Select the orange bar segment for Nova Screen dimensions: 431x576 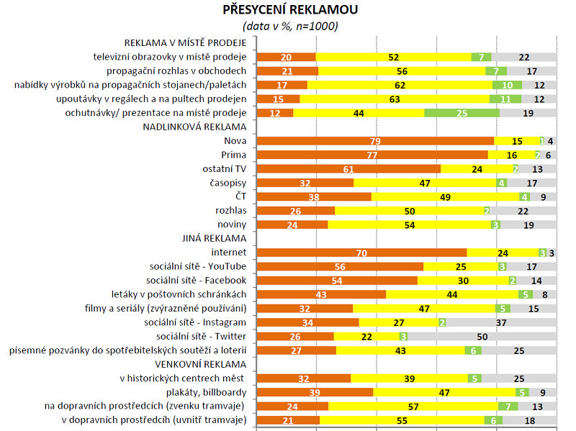pos(375,141)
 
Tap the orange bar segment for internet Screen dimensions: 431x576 pos(361,253)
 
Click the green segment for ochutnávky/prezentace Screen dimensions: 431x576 pos(462,113)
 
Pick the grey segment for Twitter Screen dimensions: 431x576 pos(483,336)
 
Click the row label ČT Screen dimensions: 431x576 pos(240,196)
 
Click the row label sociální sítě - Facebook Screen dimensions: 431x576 pos(197,280)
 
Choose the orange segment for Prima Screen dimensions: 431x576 pos(372,155)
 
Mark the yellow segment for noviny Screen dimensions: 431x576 pos(409,224)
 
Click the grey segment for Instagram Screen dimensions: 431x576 pos(502,322)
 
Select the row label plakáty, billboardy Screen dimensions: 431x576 pos(207,392)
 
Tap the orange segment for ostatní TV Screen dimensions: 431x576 pos(348,168)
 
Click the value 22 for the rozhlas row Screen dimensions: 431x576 pos(523,211)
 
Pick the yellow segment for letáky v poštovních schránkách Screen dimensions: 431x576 pos(451,294)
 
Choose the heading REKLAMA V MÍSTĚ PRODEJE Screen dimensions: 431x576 pos(186,42)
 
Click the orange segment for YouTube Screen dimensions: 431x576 pos(340,266)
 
